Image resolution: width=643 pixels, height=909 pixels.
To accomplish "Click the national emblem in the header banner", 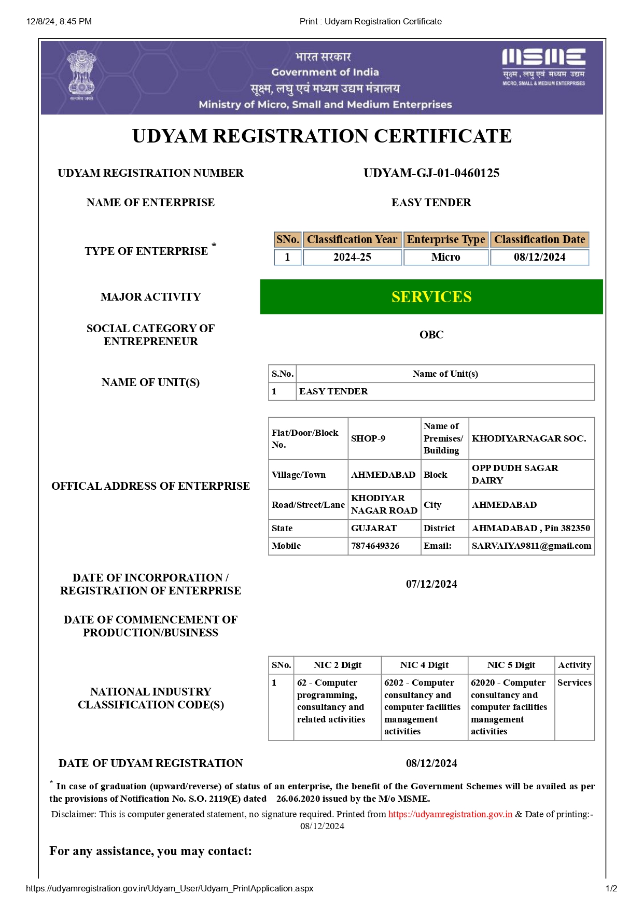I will click(x=81, y=75).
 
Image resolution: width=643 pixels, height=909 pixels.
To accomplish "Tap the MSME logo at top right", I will click(x=543, y=67).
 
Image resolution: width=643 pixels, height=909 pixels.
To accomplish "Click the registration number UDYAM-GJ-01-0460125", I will click(x=431, y=173).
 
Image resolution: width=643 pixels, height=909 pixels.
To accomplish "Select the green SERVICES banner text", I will click(x=431, y=297).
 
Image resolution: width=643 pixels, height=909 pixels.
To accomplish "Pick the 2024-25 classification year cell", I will click(x=352, y=257).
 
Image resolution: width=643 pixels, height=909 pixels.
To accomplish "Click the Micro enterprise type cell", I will click(x=445, y=257).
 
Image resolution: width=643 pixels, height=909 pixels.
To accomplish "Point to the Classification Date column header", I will click(x=539, y=239).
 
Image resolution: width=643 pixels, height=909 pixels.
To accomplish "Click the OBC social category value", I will click(x=431, y=335).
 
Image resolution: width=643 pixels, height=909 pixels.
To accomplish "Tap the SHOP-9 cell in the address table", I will click(x=368, y=438).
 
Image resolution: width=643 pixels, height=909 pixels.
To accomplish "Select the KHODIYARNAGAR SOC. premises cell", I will click(x=529, y=438).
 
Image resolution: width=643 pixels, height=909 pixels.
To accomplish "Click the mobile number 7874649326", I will click(x=375, y=546).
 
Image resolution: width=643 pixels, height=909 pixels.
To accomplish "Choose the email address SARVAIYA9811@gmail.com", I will click(x=531, y=546).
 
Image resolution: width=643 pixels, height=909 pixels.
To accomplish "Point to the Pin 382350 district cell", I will click(x=531, y=528).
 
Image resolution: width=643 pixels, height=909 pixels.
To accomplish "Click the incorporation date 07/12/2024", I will click(x=431, y=584).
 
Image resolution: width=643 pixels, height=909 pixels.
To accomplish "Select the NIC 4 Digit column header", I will click(x=424, y=665).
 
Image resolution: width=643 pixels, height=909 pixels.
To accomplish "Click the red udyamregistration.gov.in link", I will click(x=450, y=814).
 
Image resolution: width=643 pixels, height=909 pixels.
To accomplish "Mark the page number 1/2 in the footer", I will click(x=611, y=888).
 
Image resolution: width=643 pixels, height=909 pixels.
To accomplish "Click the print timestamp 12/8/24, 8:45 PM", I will click(x=59, y=21).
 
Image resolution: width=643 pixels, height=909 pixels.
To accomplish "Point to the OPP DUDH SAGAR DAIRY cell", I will click(x=515, y=474).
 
